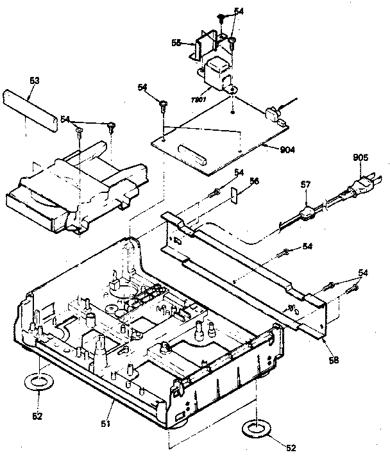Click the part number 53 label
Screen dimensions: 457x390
(35, 81)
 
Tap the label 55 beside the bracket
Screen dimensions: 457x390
(175, 42)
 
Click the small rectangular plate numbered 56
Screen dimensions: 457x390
(235, 194)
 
